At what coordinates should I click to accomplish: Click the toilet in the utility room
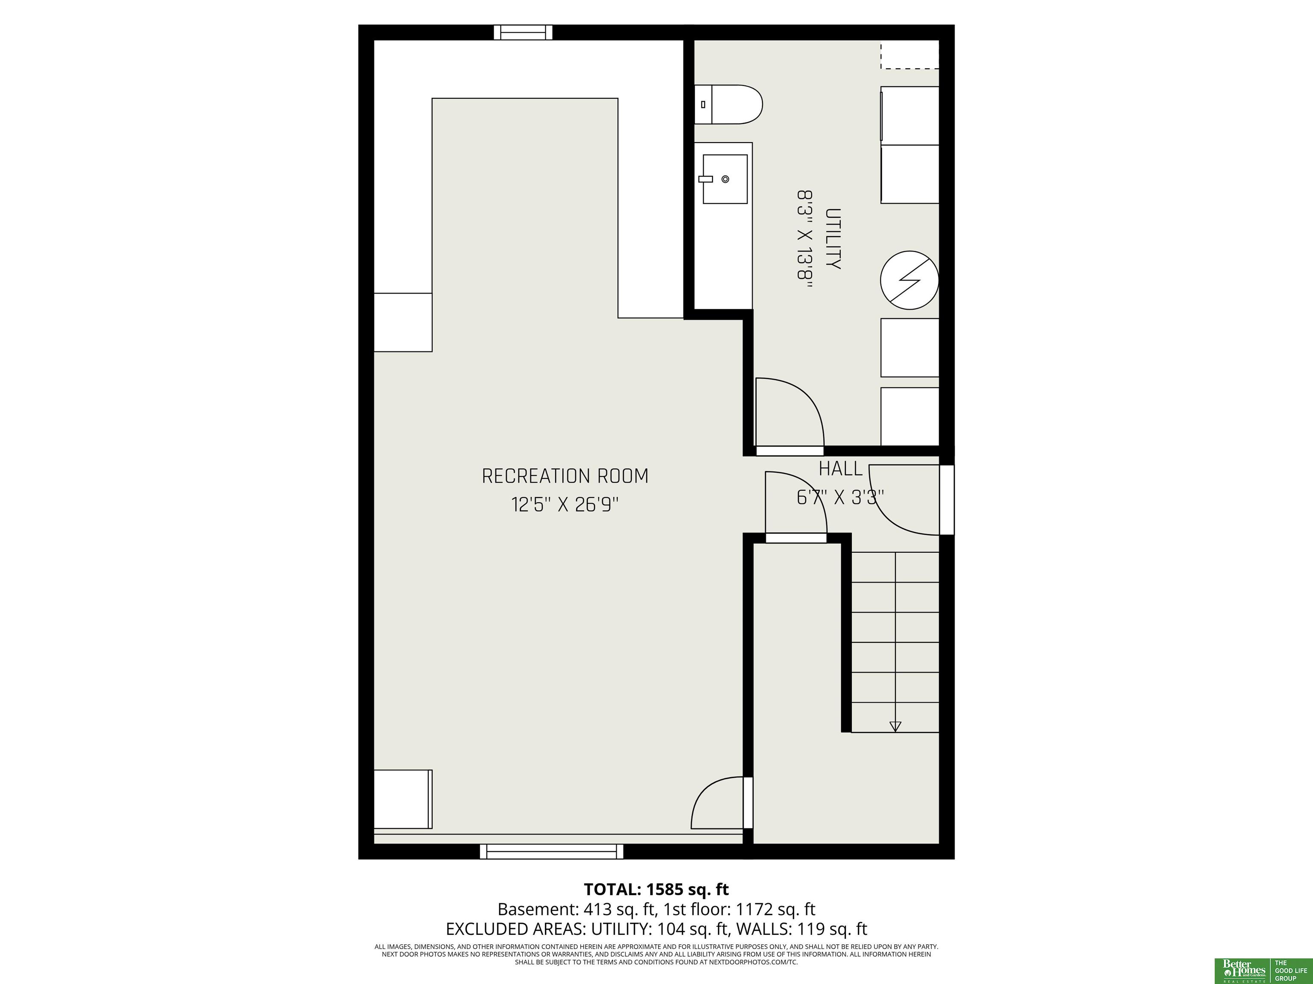pyautogui.click(x=728, y=104)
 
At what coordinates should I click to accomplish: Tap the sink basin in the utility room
pyautogui.click(x=725, y=179)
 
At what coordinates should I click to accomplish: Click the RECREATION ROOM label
pyautogui.click(x=565, y=476)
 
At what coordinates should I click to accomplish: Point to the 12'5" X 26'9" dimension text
pyautogui.click(x=565, y=505)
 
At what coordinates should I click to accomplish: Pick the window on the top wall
pyautogui.click(x=523, y=32)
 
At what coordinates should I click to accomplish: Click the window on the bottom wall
pyautogui.click(x=551, y=852)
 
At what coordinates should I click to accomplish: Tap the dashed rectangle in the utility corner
pyautogui.click(x=910, y=55)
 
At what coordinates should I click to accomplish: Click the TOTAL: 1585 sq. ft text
pyautogui.click(x=656, y=890)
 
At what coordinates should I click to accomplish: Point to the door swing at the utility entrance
pyautogui.click(x=790, y=412)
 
